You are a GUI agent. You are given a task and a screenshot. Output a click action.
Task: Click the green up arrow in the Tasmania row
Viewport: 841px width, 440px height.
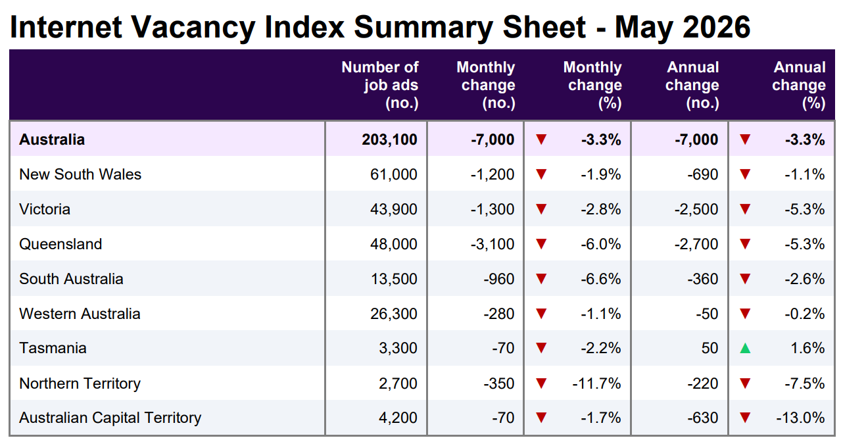(x=745, y=349)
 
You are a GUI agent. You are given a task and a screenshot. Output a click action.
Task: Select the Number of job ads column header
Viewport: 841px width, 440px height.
(x=379, y=85)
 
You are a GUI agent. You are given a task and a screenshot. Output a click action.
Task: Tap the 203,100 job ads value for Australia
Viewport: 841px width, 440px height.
(x=389, y=139)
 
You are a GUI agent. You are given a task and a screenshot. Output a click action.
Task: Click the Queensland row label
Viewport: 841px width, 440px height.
(x=60, y=244)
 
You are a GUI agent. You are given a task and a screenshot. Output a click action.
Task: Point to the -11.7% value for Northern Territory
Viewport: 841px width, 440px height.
(x=596, y=383)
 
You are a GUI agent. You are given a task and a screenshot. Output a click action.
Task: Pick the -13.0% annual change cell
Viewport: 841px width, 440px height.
(x=800, y=418)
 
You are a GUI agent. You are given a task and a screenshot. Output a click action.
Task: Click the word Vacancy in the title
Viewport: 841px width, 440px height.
(x=193, y=28)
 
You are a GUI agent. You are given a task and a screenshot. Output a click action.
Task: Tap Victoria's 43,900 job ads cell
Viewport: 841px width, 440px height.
(x=393, y=210)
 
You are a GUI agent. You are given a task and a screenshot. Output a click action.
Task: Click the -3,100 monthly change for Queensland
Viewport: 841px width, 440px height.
(x=493, y=245)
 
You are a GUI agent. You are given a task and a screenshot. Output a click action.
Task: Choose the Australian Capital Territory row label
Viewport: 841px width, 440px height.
(x=110, y=418)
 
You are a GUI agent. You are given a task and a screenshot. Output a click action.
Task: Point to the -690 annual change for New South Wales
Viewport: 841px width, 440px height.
(x=702, y=174)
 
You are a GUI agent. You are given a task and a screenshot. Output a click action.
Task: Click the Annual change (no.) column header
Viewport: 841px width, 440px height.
(x=692, y=85)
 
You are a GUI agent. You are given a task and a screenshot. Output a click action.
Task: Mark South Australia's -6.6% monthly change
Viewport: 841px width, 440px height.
(x=601, y=280)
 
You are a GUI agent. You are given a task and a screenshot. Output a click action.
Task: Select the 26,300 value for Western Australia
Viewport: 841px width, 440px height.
(x=393, y=314)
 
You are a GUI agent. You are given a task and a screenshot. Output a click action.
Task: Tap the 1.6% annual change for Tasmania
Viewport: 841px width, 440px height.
(x=807, y=349)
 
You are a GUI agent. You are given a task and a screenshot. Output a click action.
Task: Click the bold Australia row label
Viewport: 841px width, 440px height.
(x=52, y=139)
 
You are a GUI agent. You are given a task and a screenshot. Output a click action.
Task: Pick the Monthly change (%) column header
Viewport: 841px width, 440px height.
(x=592, y=85)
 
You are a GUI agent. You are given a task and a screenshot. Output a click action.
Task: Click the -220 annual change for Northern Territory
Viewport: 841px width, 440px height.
(x=702, y=383)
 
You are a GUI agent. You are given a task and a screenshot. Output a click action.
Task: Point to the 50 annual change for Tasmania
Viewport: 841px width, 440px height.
(x=709, y=349)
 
